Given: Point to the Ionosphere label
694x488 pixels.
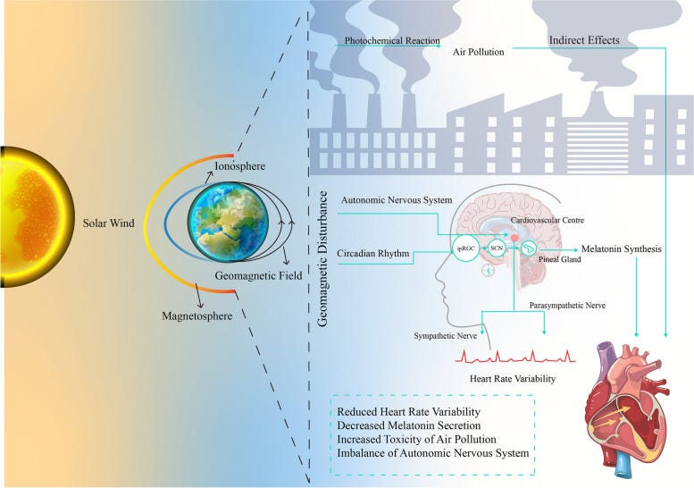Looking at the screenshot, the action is point(239,166).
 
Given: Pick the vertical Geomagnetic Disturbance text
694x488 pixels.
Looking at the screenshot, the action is point(325,247).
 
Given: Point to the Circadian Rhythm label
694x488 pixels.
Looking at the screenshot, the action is point(373,254).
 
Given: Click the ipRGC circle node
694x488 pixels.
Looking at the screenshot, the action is point(467,247).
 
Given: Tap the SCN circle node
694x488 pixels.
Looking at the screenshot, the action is point(498,247).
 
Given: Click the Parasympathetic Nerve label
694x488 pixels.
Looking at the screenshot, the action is point(567,306).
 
